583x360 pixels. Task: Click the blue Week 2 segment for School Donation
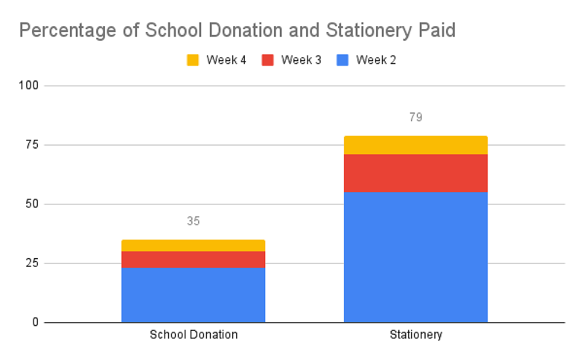193,294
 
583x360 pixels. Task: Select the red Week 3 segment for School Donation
193,259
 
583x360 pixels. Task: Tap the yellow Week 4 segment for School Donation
193,245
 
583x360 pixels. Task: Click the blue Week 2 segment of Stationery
416,256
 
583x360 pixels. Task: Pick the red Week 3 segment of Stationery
416,173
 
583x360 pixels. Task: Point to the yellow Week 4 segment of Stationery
416,145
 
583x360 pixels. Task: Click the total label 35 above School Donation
193,221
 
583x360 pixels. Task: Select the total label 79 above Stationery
416,117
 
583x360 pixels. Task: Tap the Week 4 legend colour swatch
193,60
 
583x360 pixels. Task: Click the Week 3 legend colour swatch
268,60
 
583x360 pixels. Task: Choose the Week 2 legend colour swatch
343,60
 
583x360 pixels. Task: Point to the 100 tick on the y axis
30,86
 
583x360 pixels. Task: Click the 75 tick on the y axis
33,145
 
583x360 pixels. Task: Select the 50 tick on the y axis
33,204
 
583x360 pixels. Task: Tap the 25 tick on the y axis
33,263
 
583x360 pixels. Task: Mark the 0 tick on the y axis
36,322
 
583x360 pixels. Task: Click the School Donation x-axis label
194,335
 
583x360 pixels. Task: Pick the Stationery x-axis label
416,335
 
